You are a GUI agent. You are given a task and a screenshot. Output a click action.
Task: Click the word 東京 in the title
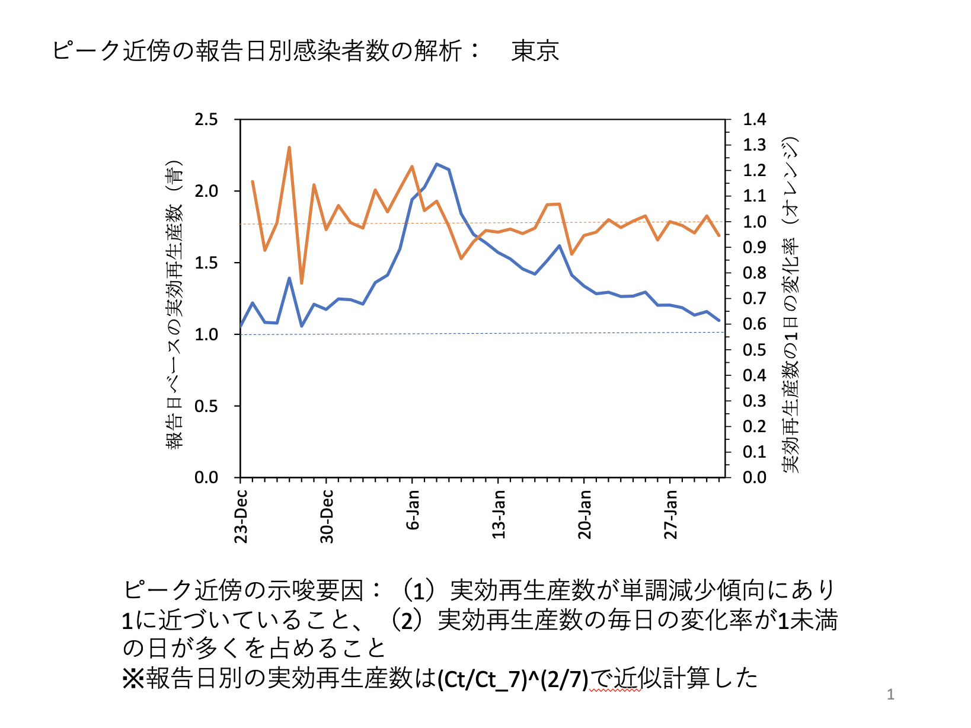[x=535, y=51]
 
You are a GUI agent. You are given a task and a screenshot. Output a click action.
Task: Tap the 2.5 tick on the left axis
[x=206, y=120]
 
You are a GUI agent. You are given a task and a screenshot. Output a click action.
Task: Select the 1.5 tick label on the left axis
[x=206, y=263]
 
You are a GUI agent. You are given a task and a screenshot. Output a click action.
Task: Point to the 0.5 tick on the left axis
[x=206, y=407]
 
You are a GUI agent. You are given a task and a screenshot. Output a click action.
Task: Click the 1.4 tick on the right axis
[x=755, y=120]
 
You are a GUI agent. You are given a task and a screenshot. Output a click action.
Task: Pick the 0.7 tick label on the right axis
[x=755, y=299]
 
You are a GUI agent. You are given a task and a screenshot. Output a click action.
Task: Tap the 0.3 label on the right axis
[x=755, y=401]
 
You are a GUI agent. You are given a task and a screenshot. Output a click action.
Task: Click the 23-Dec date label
[x=241, y=516]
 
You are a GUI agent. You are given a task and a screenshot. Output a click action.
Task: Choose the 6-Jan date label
[x=413, y=510]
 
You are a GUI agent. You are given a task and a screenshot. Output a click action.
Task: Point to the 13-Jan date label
[x=499, y=514]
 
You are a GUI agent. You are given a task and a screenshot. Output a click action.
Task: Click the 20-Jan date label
[x=585, y=514]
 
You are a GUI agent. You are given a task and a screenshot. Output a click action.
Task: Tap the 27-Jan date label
[x=670, y=514]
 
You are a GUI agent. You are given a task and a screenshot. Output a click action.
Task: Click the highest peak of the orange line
[x=289, y=147]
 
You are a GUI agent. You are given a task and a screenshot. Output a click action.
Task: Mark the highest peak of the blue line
[x=436, y=164]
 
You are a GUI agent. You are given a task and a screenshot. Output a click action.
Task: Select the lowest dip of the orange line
[x=302, y=283]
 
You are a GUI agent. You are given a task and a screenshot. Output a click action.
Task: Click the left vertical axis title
[x=174, y=305]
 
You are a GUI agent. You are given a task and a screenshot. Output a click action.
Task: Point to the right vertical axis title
[x=791, y=305]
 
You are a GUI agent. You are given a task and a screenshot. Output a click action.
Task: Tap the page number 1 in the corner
[x=890, y=694]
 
